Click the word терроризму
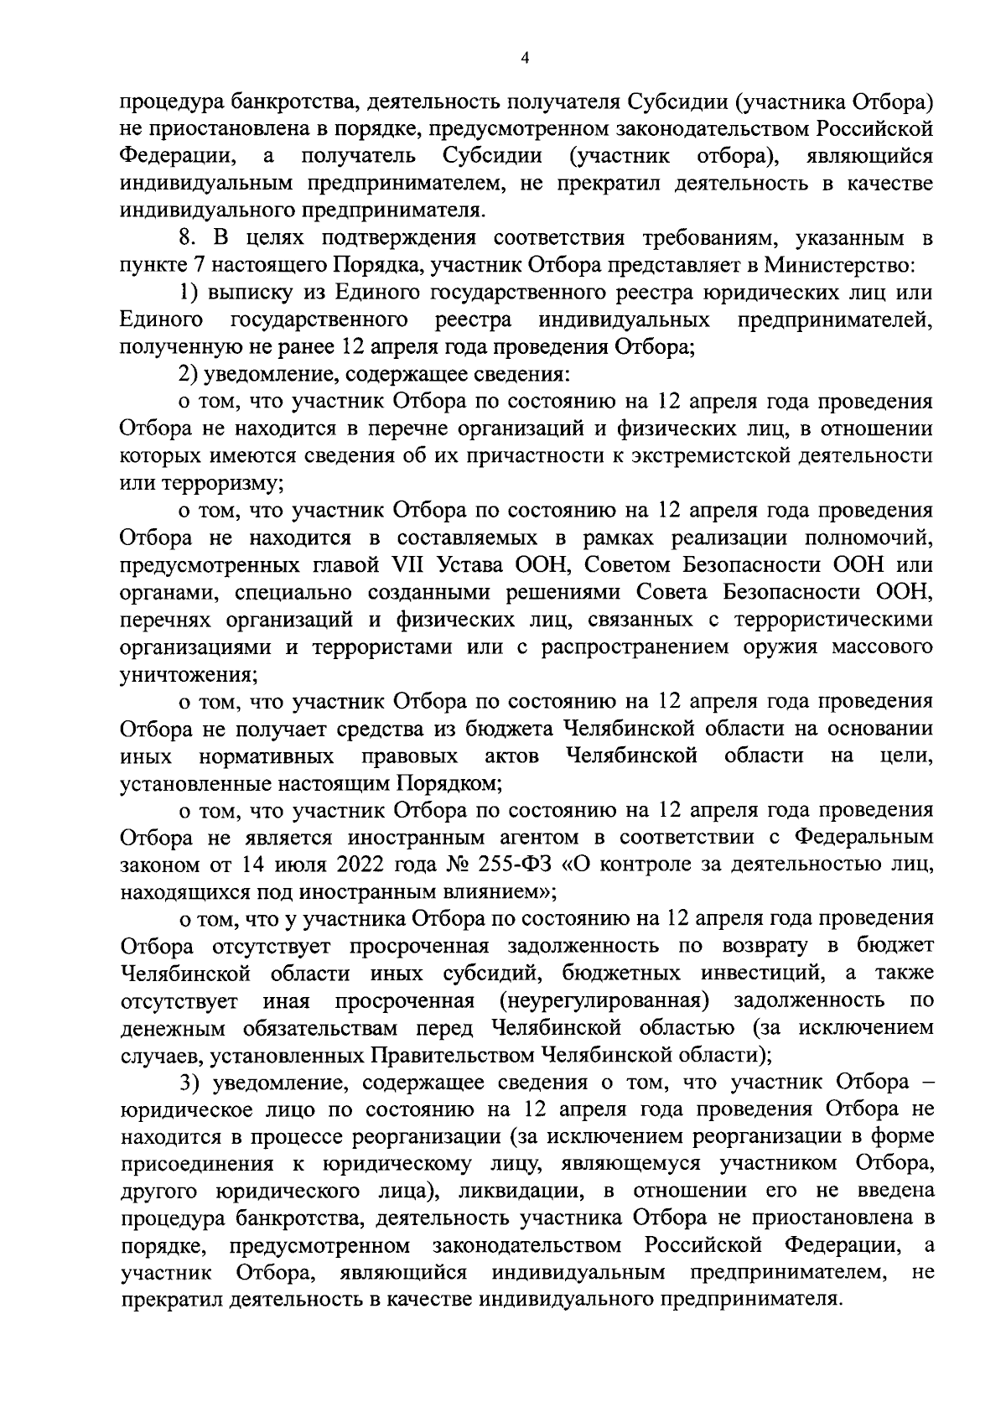point(223,483)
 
